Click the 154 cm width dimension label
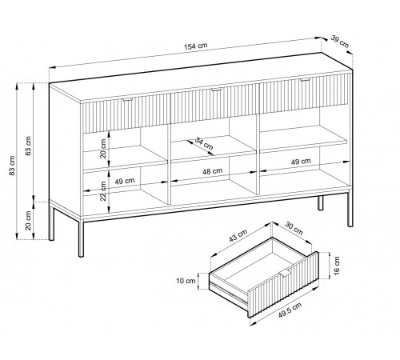point(195,46)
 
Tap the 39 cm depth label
point(340,42)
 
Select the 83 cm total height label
point(12,166)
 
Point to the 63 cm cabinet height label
point(28,146)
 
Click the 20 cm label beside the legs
point(28,221)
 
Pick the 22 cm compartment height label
point(103,191)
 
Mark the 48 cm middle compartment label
point(212,171)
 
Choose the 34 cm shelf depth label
point(204,143)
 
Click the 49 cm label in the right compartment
point(301,162)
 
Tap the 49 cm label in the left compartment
point(125,181)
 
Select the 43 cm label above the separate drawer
point(238,235)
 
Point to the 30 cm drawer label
point(294,228)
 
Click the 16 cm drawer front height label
point(337,266)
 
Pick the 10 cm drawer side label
point(186,281)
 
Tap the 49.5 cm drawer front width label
point(290,310)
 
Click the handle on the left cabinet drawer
point(128,100)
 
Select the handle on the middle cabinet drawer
point(217,90)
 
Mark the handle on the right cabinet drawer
point(305,79)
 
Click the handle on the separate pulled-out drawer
point(286,273)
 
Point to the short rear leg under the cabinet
point(320,203)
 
